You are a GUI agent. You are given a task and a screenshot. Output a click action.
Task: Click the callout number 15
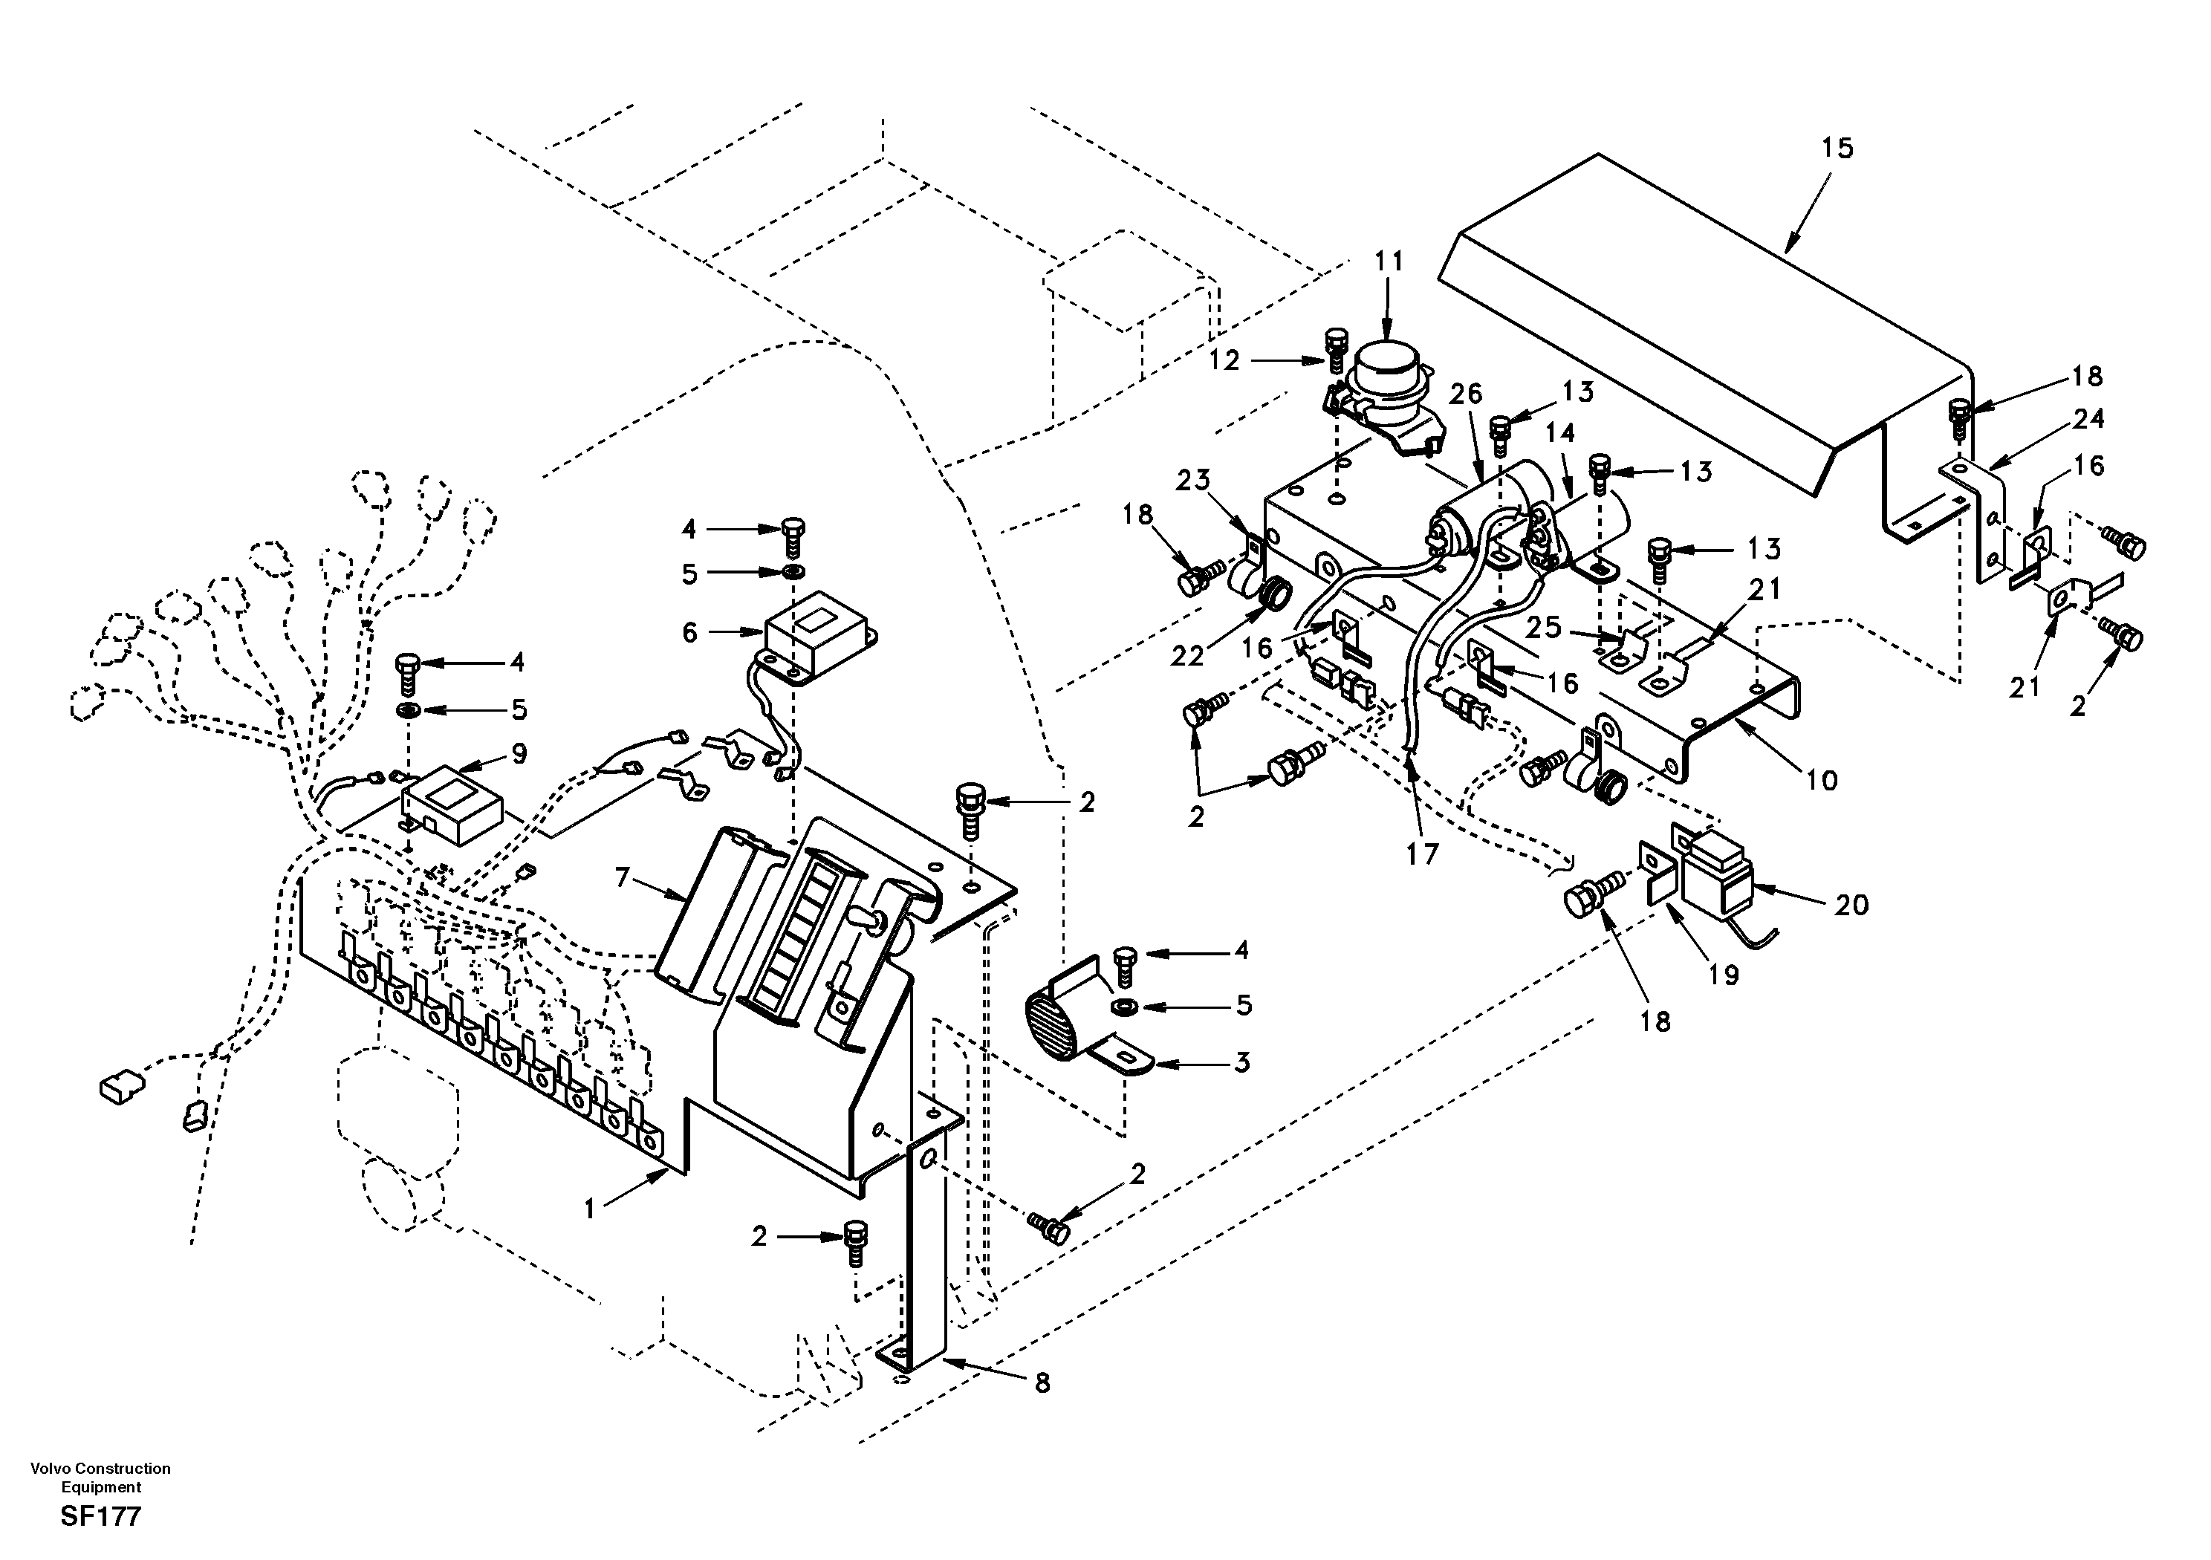(1837, 149)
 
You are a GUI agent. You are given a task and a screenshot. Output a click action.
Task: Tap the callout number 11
(1389, 261)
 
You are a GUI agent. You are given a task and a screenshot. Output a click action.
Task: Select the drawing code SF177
(100, 1517)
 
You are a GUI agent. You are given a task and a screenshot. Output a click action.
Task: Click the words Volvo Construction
(100, 1469)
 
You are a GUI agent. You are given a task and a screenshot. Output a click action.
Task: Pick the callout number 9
(519, 754)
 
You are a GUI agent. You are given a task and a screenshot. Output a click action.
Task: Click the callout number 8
(1042, 1384)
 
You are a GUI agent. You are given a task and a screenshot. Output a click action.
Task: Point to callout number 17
(1421, 854)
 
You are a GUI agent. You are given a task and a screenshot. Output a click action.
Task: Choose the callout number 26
(1467, 394)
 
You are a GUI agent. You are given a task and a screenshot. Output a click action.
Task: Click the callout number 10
(1822, 779)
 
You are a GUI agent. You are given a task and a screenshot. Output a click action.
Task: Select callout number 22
(1187, 656)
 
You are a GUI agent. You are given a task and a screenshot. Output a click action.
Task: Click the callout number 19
(1724, 975)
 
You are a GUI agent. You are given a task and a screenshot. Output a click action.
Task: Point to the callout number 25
(1544, 627)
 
